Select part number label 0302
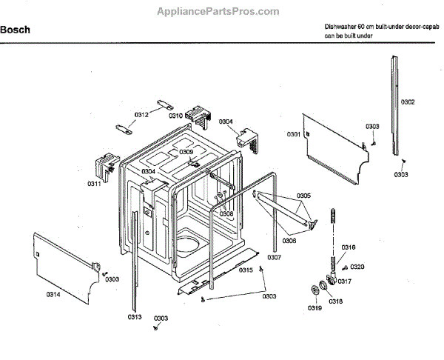(408, 101)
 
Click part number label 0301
(294, 134)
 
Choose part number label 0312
(141, 114)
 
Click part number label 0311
(94, 183)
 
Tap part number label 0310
(175, 116)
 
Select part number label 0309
(186, 152)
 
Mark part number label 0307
(274, 257)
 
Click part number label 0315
(246, 270)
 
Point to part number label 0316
(348, 247)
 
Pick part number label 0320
(357, 267)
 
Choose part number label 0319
(316, 307)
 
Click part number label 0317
(345, 281)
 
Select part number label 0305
(303, 196)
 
